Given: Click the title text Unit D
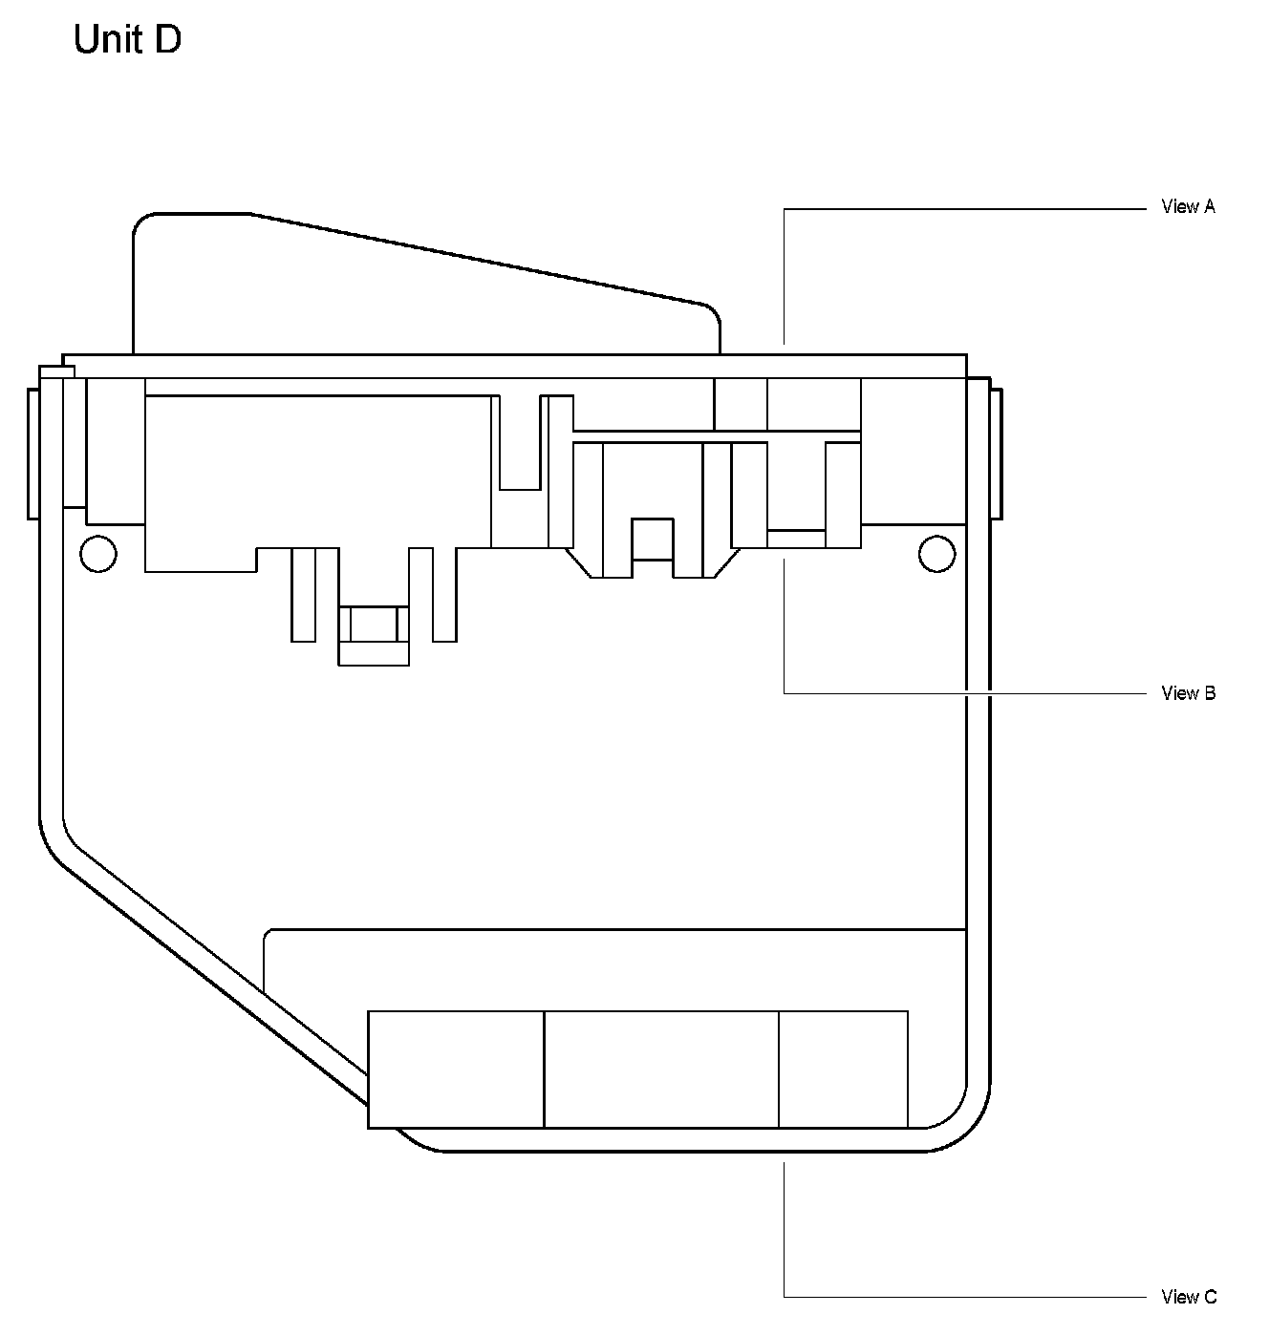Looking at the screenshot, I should coord(127,40).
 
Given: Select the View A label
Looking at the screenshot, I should coord(1188,206).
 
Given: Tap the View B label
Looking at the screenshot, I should coord(1188,693).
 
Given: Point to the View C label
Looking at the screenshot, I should coord(1189,1297).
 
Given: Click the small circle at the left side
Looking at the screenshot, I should coord(98,554).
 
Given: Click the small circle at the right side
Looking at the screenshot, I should coord(936,554).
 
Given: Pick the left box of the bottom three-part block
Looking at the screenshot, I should coord(456,1070).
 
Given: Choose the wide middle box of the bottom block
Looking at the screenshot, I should coord(661,1070).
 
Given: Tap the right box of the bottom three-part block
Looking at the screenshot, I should coord(843,1070).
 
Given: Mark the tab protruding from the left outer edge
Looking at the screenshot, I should coord(32,454).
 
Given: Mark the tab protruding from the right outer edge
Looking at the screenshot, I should coord(996,454).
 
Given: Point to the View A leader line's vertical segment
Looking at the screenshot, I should coord(785,277).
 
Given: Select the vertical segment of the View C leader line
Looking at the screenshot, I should coord(785,1232).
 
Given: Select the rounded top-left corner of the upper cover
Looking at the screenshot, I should coord(141,222).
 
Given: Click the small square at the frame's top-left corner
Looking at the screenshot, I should coord(56,371).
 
